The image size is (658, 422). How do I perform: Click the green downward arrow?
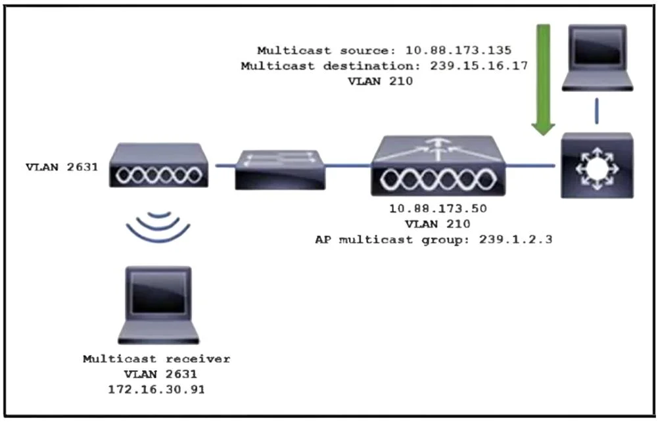[x=544, y=80]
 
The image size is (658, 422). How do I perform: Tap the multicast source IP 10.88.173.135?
[x=458, y=51]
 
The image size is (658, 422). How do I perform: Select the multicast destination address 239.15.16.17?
[x=479, y=66]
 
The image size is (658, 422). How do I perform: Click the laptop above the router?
[x=597, y=58]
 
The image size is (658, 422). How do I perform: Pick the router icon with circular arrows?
[x=597, y=165]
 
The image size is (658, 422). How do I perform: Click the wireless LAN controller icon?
[x=438, y=166]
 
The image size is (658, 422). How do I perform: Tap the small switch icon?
[x=280, y=170]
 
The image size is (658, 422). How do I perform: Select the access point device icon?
[x=158, y=165]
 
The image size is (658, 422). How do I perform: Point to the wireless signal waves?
[x=158, y=227]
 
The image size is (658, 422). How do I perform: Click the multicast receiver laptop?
[x=158, y=305]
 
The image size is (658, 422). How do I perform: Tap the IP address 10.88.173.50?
[x=438, y=208]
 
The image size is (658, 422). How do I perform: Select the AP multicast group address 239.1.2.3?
[x=515, y=239]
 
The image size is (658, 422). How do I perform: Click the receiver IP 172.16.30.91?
[x=156, y=389]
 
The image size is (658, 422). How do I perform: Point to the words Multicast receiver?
[x=156, y=359]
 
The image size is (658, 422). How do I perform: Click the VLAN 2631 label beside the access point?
[x=62, y=167]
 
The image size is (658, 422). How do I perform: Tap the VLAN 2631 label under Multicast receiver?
[x=160, y=374]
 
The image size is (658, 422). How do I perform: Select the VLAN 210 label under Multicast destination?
[x=380, y=81]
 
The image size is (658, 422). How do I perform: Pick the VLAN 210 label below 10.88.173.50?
[x=438, y=224]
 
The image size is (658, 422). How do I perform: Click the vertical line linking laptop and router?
[x=597, y=111]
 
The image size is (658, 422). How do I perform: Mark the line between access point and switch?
[x=225, y=166]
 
